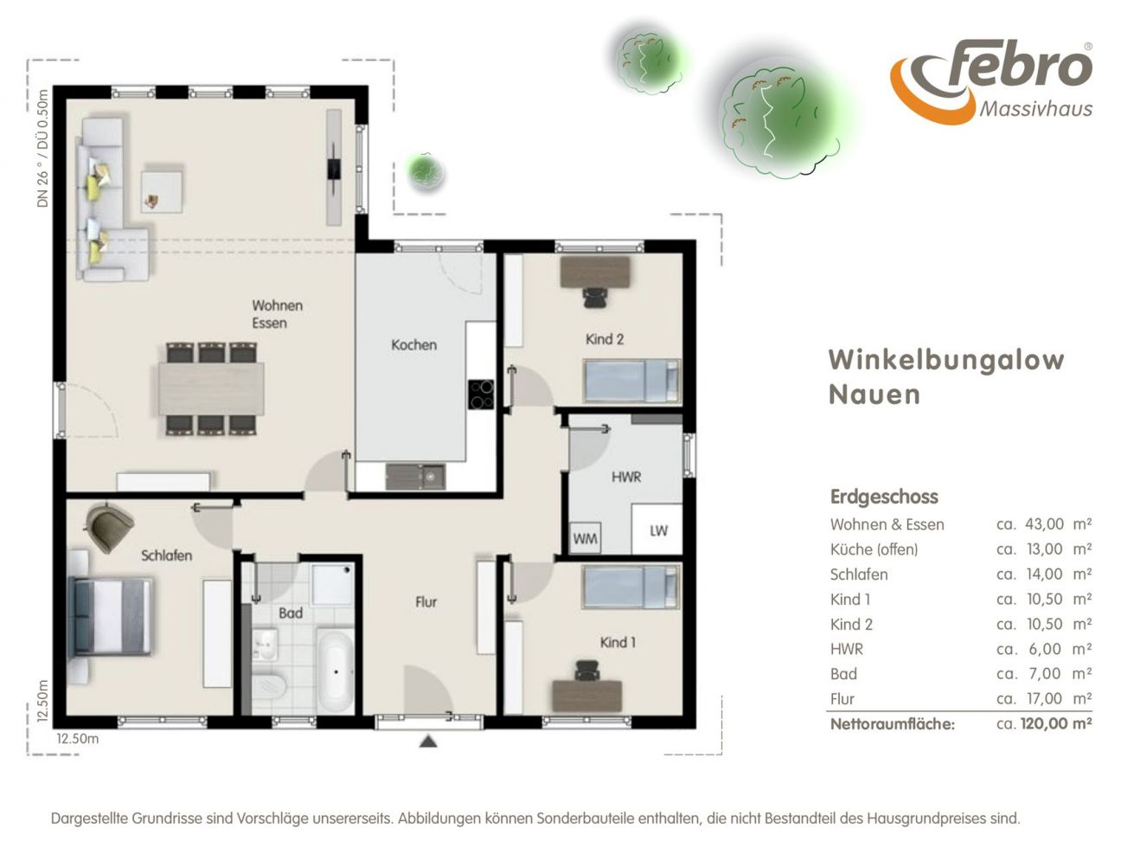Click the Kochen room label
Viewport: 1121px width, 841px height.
413,345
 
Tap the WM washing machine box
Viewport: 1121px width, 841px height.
585,538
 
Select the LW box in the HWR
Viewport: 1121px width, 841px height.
657,529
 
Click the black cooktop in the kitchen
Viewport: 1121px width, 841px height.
481,395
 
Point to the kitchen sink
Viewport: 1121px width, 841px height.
415,477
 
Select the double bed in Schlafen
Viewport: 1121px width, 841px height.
112,616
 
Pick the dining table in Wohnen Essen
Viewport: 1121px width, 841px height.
211,388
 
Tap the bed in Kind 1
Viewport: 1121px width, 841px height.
631,587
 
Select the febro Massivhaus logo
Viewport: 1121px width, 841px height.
990,81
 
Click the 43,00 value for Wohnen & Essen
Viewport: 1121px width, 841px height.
1044,524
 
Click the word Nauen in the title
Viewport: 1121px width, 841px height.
874,395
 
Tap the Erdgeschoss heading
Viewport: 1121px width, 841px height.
884,497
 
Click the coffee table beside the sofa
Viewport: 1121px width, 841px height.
162,191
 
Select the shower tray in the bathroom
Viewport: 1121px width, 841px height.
332,585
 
